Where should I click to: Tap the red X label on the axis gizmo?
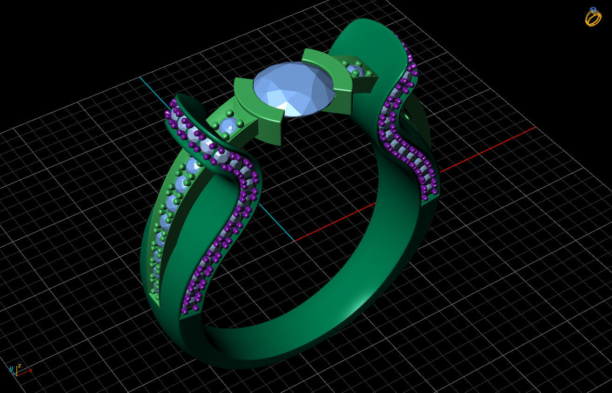(x=31, y=370)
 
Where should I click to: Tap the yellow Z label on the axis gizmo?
(x=19, y=366)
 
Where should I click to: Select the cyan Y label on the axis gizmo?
(x=11, y=368)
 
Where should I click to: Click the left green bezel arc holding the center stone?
(x=256, y=109)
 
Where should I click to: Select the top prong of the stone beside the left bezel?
(x=229, y=113)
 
